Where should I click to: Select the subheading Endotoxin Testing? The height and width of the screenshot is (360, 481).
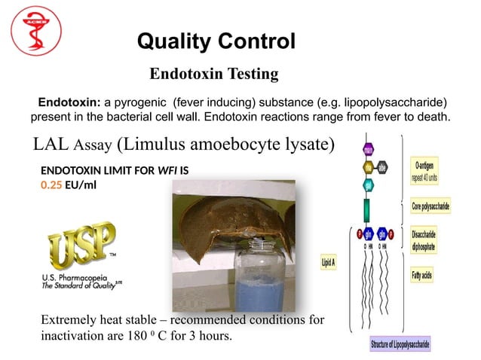(214, 74)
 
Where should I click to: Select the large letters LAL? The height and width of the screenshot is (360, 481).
(51, 143)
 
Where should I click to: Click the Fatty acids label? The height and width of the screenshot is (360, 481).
(422, 276)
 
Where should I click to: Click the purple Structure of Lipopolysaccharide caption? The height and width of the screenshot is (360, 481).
(400, 345)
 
